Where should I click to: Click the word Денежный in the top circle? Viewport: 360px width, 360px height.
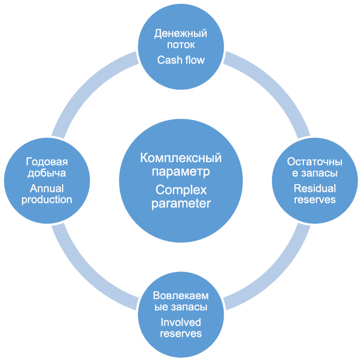click(181, 34)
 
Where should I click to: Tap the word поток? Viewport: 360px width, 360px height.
click(181, 45)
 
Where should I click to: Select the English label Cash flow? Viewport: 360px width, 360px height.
click(181, 60)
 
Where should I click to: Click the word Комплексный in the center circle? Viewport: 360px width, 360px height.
click(181, 158)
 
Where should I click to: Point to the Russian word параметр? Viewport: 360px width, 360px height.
click(181, 172)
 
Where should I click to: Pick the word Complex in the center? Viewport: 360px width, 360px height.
click(181, 190)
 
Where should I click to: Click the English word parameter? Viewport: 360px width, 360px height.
click(181, 204)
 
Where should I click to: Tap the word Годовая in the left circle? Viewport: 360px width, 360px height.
click(47, 162)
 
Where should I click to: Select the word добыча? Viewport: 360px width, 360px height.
click(47, 173)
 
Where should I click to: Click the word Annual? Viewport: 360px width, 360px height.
click(47, 189)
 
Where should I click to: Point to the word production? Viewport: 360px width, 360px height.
click(47, 200)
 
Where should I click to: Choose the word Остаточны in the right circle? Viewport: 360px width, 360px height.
click(314, 162)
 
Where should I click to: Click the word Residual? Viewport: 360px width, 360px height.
click(315, 189)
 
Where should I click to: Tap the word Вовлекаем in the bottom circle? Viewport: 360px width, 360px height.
click(181, 296)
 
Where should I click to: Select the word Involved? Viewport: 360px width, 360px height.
click(181, 322)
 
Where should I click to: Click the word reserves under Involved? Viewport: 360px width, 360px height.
click(181, 334)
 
